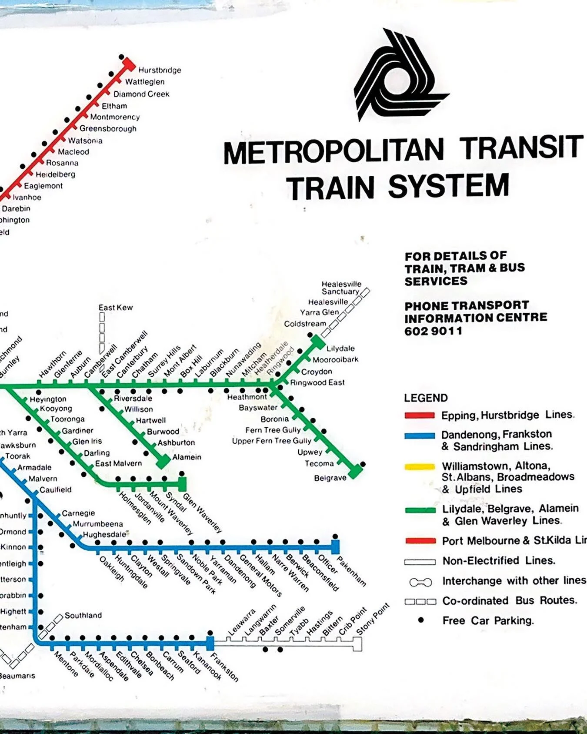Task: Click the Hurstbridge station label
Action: (160, 70)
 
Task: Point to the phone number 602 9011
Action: (433, 331)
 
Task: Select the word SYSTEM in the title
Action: (448, 187)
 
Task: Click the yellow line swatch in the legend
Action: (420, 467)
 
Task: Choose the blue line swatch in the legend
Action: (420, 436)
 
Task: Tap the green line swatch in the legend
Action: (420, 510)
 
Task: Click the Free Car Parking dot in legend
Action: (420, 620)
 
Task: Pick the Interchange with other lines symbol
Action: (420, 582)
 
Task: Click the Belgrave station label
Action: (330, 478)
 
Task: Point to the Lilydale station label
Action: (340, 349)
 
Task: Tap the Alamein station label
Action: (187, 457)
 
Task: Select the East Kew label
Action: (115, 308)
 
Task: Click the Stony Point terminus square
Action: (357, 644)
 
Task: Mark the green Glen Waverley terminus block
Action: (182, 483)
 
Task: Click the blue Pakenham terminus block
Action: (335, 546)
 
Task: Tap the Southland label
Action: (83, 615)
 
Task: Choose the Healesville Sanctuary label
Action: (341, 288)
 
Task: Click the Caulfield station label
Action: (56, 490)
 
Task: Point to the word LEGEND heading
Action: (426, 398)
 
